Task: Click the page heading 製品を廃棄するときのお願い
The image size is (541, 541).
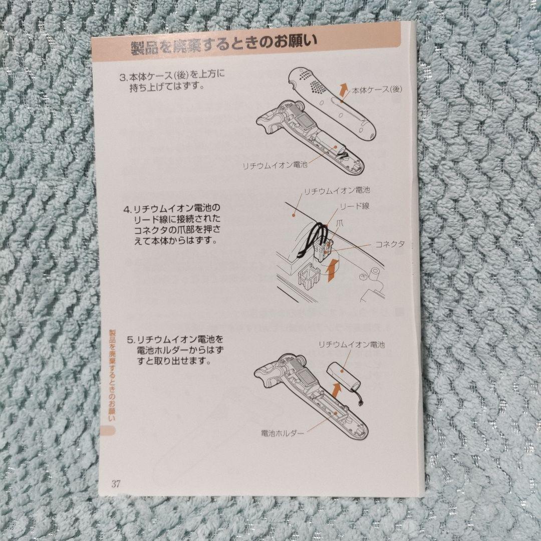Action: click(224, 48)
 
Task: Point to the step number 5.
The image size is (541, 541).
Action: click(129, 340)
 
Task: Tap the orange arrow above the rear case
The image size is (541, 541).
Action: click(343, 90)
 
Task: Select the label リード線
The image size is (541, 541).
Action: click(355, 206)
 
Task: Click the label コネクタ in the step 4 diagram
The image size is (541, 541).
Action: click(390, 244)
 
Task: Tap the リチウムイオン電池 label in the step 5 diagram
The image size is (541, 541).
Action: click(352, 345)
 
